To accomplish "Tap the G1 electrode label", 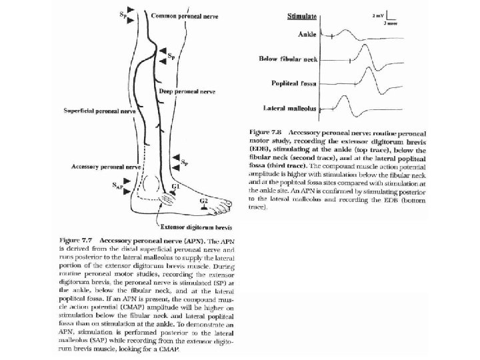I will point(175,186).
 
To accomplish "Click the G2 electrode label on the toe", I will point(205,199).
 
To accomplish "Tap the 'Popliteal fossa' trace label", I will point(295,83).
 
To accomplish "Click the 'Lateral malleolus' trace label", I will point(291,107).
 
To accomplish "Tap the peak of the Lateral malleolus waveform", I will point(346,98).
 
